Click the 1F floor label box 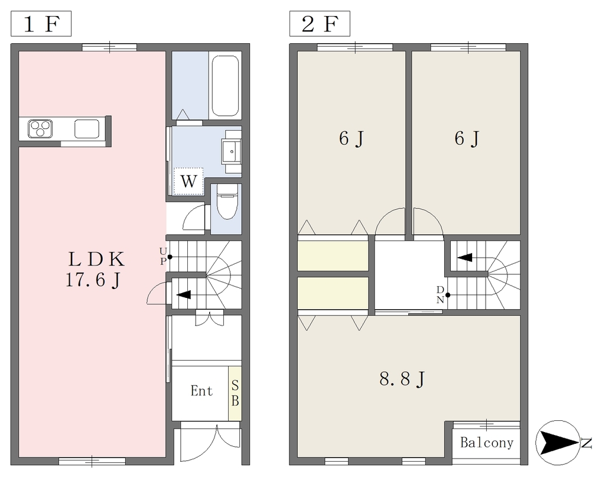tap(41, 24)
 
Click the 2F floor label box tap(320, 24)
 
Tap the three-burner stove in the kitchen tap(40, 129)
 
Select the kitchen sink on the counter tap(87, 129)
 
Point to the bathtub tap(225, 86)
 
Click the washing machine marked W tap(188, 181)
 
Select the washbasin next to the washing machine tap(231, 151)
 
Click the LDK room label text tap(97, 259)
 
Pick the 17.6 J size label tap(93, 280)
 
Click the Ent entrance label tap(202, 391)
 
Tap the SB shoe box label tap(235, 393)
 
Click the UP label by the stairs tap(163, 257)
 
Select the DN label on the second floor tap(440, 295)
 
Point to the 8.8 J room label tap(402, 379)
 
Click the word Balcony tap(487, 442)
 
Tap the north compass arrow tap(558, 443)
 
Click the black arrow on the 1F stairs tap(184, 295)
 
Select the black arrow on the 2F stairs tap(465, 257)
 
